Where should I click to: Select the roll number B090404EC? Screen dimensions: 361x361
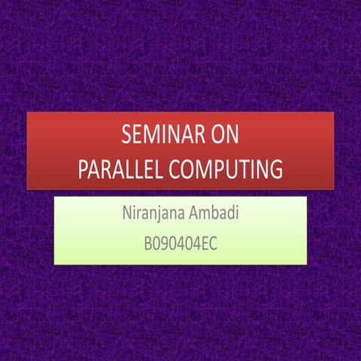180,244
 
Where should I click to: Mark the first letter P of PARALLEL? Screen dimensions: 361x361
83,169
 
